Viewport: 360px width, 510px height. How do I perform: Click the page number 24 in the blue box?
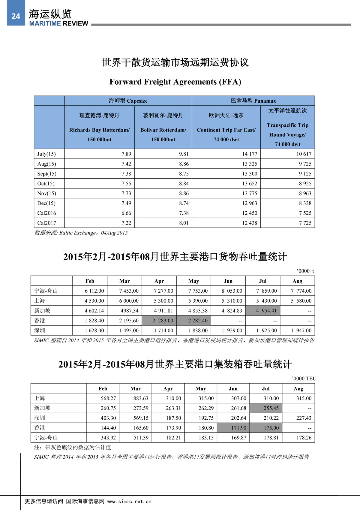[x=16, y=16]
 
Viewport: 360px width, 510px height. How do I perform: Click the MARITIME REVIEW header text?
[x=58, y=23]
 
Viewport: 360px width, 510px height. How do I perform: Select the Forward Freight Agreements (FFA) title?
[x=175, y=82]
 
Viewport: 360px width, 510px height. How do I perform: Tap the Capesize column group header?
[x=128, y=101]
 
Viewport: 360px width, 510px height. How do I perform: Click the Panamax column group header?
[x=253, y=101]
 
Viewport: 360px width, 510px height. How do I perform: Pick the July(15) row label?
[x=46, y=154]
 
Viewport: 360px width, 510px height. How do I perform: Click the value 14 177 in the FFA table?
[x=250, y=154]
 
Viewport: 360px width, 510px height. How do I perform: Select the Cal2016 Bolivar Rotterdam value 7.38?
[x=184, y=213]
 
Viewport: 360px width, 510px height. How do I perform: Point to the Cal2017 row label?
[x=46, y=223]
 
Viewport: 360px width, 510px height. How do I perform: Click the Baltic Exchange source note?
[x=81, y=233]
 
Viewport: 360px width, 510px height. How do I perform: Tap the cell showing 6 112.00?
[x=94, y=291]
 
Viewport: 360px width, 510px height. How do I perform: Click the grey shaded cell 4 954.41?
[x=266, y=311]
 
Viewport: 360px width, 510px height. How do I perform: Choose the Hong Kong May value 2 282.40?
[x=198, y=321]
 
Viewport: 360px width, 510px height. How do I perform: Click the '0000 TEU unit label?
[x=304, y=379]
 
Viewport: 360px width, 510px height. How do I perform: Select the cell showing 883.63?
[x=141, y=398]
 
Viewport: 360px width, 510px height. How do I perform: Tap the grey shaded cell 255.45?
[x=271, y=408]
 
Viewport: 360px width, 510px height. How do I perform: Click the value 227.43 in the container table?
[x=304, y=418]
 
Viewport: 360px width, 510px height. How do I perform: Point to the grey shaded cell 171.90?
[x=238, y=428]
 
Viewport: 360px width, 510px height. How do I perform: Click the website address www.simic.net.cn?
[x=129, y=502]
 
